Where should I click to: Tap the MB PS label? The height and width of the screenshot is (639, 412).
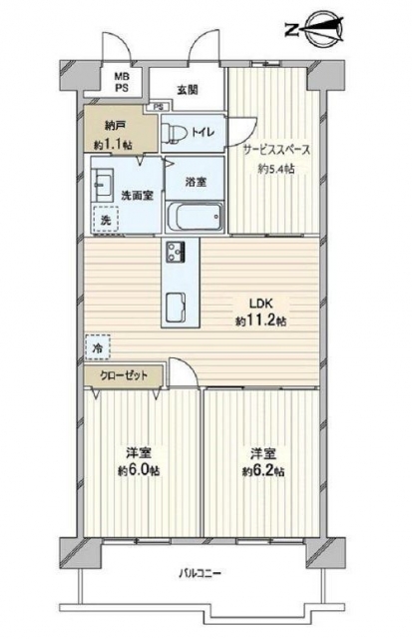click(x=121, y=82)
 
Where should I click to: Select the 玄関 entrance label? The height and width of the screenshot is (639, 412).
click(x=187, y=89)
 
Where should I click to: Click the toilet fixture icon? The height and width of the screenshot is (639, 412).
click(x=174, y=132)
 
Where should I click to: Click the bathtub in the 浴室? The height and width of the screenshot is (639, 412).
click(x=195, y=217)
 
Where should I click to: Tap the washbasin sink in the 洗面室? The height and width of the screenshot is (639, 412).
click(x=103, y=185)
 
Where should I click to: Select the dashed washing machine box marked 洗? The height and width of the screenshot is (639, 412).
click(x=106, y=220)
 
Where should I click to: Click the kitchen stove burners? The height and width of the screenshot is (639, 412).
click(x=176, y=252)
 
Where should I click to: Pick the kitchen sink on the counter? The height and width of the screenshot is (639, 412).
click(x=177, y=308)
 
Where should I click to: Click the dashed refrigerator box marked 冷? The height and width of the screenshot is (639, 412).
click(x=98, y=347)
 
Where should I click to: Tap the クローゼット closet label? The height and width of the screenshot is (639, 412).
click(x=124, y=375)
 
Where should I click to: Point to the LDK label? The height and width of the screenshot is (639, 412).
click(x=260, y=304)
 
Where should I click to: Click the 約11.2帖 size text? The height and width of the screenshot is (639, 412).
click(x=260, y=321)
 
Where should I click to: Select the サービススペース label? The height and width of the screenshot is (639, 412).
click(x=276, y=150)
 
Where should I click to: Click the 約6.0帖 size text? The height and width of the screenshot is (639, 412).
click(x=139, y=471)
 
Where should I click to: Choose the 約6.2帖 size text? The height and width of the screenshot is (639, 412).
click(x=263, y=471)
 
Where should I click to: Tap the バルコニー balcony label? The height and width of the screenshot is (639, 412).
click(x=201, y=574)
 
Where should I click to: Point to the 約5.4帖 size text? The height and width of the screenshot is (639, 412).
click(x=276, y=169)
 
